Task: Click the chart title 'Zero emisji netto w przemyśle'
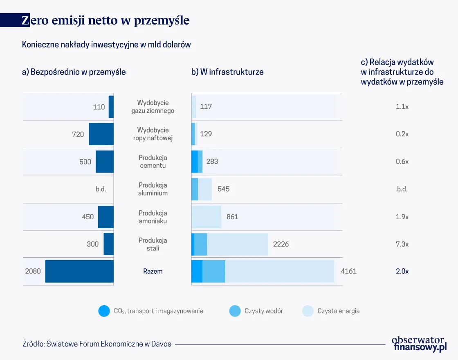pyautogui.click(x=106, y=20)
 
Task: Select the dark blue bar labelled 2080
pyautogui.click(x=79, y=271)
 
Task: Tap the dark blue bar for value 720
pyautogui.click(x=101, y=134)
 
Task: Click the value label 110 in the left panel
pyautogui.click(x=99, y=107)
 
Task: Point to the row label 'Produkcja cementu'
pyautogui.click(x=153, y=162)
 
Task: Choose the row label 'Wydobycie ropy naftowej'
pyautogui.click(x=153, y=134)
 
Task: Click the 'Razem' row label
pyautogui.click(x=153, y=271)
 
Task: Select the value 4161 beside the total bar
pyautogui.click(x=348, y=271)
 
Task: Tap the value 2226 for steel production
pyautogui.click(x=281, y=244)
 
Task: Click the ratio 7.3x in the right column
pyautogui.click(x=402, y=244)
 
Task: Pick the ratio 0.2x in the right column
pyautogui.click(x=402, y=134)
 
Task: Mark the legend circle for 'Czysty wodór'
pyautogui.click(x=235, y=311)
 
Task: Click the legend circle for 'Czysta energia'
pyautogui.click(x=308, y=311)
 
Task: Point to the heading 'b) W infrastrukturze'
pyautogui.click(x=227, y=72)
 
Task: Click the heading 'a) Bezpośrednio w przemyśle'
pyautogui.click(x=74, y=72)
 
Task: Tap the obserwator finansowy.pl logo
pyautogui.click(x=418, y=344)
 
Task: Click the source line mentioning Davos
pyautogui.click(x=97, y=344)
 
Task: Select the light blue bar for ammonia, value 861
pyautogui.click(x=207, y=217)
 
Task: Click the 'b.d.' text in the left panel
pyautogui.click(x=101, y=189)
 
